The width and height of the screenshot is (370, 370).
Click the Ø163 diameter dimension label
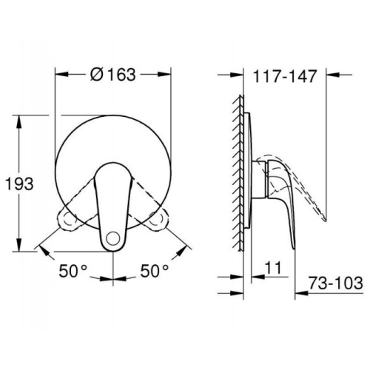(x=113, y=74)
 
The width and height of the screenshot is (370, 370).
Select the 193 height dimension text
(x=20, y=184)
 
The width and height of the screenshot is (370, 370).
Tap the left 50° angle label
(x=73, y=271)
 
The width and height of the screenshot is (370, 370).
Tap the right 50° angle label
(x=155, y=271)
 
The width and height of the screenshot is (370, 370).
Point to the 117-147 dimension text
(x=285, y=76)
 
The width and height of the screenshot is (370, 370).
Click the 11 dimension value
(x=273, y=268)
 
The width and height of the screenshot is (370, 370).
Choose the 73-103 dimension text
(x=336, y=283)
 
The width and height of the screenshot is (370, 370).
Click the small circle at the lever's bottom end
(x=112, y=238)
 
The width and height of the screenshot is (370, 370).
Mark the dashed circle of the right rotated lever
(x=156, y=217)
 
